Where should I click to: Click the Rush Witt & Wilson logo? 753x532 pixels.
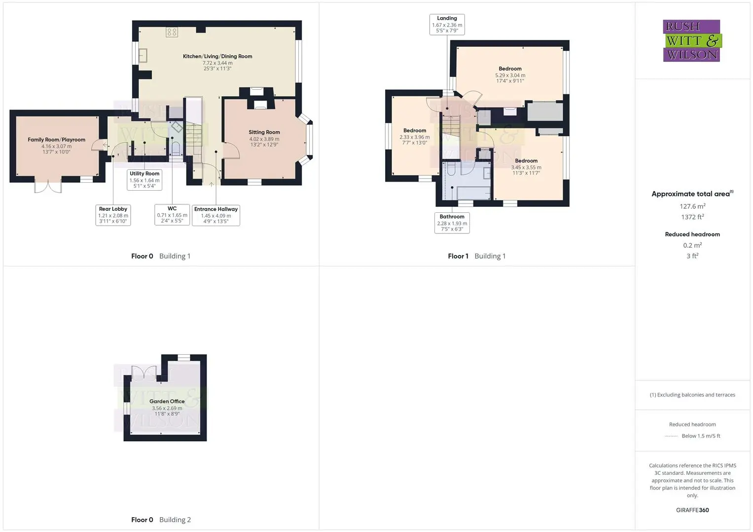692,40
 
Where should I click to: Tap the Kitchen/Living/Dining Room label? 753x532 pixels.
217,57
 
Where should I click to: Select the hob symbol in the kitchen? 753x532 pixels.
172,32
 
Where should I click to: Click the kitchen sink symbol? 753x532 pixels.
143,55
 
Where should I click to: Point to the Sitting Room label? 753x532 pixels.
264,133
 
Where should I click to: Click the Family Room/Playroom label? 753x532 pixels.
57,140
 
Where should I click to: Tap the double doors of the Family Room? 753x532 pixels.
48,186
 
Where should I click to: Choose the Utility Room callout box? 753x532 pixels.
144,180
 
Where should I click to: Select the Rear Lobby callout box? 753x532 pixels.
113,215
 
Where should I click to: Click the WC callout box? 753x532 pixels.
172,215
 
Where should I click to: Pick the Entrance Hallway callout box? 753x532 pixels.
216,215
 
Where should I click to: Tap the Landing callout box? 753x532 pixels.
447,25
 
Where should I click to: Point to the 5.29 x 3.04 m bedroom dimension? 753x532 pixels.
510,75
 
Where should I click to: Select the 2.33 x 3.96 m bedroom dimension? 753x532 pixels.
415,137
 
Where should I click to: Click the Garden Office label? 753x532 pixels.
167,401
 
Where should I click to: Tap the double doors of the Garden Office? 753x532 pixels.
144,373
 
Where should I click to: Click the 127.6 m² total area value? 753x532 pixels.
692,206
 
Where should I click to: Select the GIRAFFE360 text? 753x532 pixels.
692,510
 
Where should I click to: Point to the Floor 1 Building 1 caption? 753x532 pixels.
477,256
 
